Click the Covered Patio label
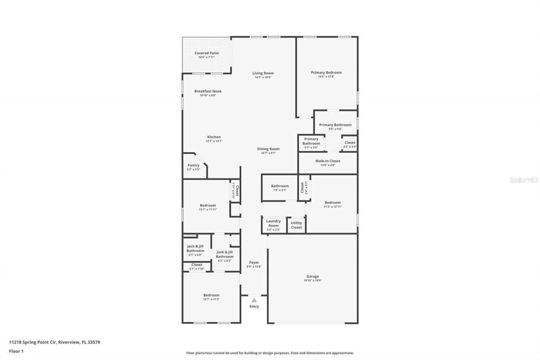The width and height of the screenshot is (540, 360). (x=206, y=53)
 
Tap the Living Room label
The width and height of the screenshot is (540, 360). (x=263, y=73)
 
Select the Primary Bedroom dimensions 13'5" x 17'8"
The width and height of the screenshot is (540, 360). (x=326, y=77)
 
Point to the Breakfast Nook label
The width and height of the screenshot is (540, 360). (x=208, y=91)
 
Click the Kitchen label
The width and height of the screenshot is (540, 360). (x=214, y=137)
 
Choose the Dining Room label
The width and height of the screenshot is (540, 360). (x=268, y=149)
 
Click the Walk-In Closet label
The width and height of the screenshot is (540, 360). (x=327, y=161)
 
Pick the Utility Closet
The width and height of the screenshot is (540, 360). (x=296, y=225)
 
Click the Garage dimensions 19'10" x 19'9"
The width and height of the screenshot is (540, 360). (x=313, y=281)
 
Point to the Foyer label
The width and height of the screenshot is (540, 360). (x=254, y=263)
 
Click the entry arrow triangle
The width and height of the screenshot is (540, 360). (x=254, y=300)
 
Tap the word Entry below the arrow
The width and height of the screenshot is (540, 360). (x=254, y=306)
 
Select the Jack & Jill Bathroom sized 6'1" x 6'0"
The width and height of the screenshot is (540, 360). (x=195, y=250)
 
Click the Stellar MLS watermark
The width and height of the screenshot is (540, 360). (x=524, y=180)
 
